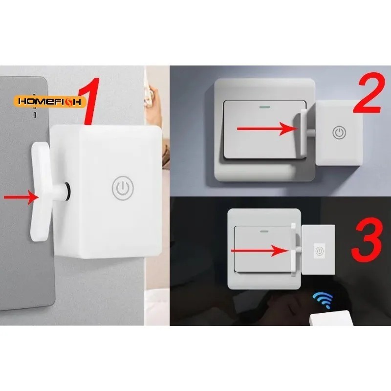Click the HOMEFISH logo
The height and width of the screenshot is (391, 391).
coord(51,101)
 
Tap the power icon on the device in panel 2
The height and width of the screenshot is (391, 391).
coord(340,132)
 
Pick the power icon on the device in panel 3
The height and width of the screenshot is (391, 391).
coord(319,251)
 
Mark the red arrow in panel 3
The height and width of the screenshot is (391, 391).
coord(259,251)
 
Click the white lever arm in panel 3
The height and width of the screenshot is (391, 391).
coord(293,250)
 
